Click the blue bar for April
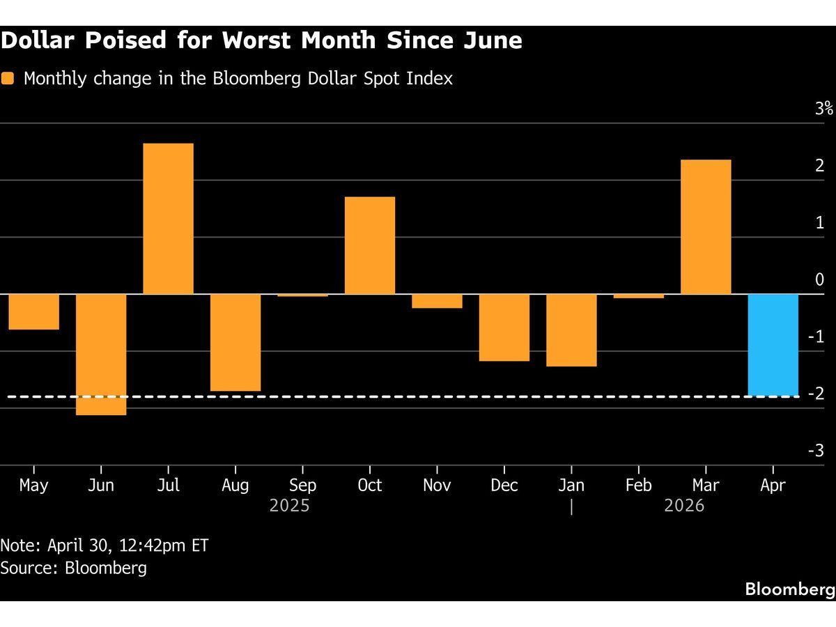click(x=773, y=345)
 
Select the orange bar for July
click(x=168, y=219)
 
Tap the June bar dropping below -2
click(x=101, y=355)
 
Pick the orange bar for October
click(x=370, y=245)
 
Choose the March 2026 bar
click(x=706, y=227)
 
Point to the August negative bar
click(x=235, y=343)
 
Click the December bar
click(x=504, y=327)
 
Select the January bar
click(x=571, y=330)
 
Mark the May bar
click(x=33, y=311)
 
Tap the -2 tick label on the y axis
click(x=816, y=394)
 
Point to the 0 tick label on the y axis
click(x=820, y=279)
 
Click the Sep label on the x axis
click(x=302, y=486)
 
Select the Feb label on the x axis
click(x=639, y=486)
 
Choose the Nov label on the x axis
click(x=437, y=486)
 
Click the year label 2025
click(x=289, y=506)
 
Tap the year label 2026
click(x=684, y=506)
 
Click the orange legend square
click(x=8, y=78)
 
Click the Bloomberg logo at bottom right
click(x=790, y=589)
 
